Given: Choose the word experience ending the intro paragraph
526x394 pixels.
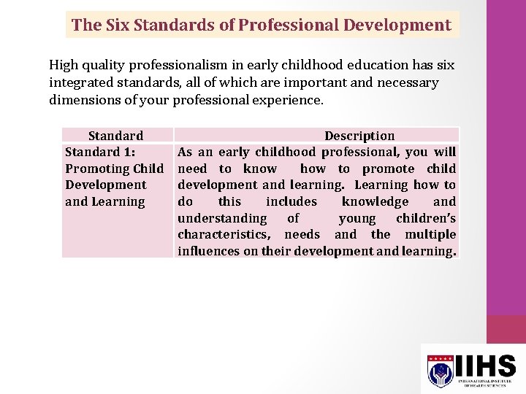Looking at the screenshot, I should [287, 100].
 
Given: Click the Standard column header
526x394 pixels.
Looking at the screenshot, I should [115, 136].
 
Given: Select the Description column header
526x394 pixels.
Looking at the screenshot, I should [359, 136].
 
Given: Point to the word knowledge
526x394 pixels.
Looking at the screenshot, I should [375, 202].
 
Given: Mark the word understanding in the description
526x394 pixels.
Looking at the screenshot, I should [222, 218].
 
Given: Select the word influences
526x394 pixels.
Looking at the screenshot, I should [212, 252].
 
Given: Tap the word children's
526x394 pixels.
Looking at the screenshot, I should [426, 218].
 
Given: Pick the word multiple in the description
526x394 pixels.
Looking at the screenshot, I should [431, 235].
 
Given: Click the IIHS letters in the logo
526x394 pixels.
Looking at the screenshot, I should [487, 366].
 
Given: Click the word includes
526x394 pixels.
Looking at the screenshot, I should [291, 202].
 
